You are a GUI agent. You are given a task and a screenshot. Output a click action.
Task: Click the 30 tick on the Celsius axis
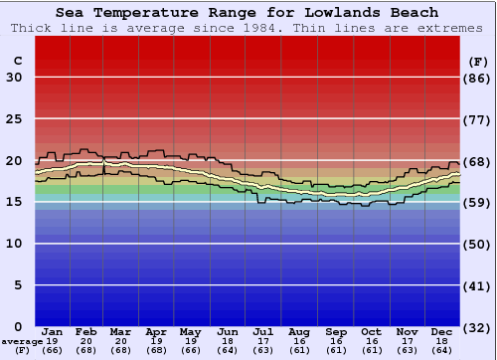coord(14,78)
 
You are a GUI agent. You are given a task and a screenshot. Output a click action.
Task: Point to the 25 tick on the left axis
coord(14,119)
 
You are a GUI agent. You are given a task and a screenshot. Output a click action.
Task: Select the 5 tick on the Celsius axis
coord(18,285)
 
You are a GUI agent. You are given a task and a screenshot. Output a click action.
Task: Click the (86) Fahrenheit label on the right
coord(478,78)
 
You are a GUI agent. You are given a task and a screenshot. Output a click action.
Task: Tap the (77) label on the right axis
coord(478,119)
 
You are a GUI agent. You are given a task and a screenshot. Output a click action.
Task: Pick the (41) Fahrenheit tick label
coord(478,285)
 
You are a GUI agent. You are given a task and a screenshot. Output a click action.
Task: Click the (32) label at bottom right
coord(478,327)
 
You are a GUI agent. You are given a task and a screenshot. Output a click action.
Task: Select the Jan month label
coord(53,331)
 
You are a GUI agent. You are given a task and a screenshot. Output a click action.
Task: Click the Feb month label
coord(86,331)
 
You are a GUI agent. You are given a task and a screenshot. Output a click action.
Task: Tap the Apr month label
coord(156,331)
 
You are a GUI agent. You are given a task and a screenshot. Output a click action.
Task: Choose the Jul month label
coord(262,331)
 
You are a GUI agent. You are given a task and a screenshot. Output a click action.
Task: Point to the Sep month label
coord(336,331)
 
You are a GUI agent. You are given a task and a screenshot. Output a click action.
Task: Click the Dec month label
coord(442,331)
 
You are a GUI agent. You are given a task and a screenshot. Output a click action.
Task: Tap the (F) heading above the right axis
coord(478,61)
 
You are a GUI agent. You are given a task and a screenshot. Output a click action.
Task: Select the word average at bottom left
coord(22,341)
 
